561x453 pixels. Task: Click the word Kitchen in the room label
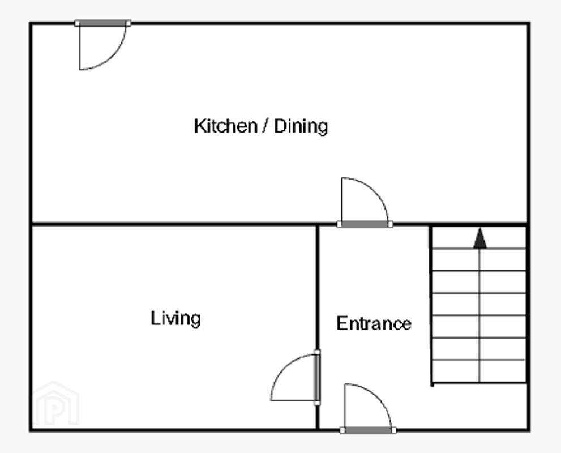pos(225,126)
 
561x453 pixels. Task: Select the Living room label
pos(175,318)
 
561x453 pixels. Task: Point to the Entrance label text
pos(374,323)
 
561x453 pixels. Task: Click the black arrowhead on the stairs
pos(480,238)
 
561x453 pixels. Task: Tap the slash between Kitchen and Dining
pos(265,126)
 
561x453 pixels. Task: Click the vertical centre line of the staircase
pos(479,315)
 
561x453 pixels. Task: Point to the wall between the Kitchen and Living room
pos(174,224)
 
